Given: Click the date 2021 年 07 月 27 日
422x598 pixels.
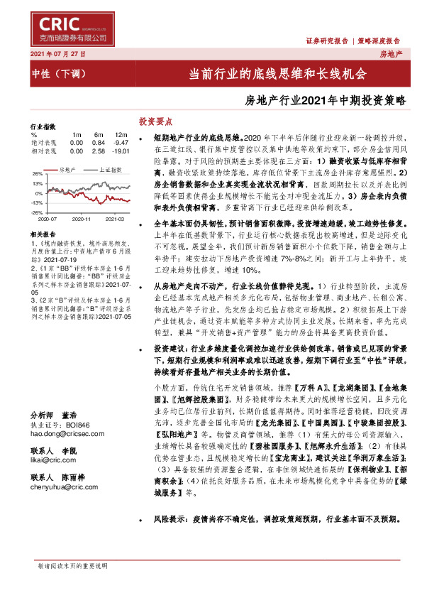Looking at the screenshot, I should coord(58,55).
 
